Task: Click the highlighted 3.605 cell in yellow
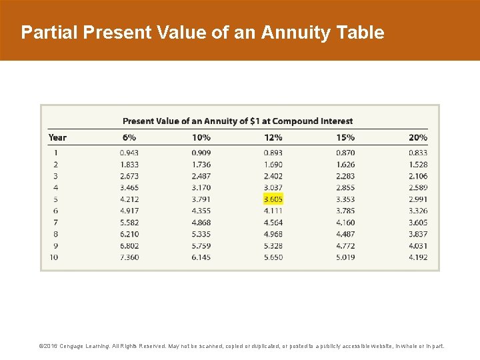pyautogui.click(x=273, y=199)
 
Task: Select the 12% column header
pyautogui.click(x=273, y=137)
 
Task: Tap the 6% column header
pyautogui.click(x=129, y=137)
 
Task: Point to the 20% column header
pyautogui.click(x=418, y=137)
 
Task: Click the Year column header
pyautogui.click(x=58, y=137)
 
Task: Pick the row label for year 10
pyautogui.click(x=53, y=257)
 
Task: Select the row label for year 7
pyautogui.click(x=55, y=222)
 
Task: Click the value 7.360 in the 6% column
pyautogui.click(x=129, y=257)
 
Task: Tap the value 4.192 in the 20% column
pyautogui.click(x=418, y=257)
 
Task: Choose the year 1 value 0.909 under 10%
pyautogui.click(x=201, y=153)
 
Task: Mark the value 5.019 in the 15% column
pyautogui.click(x=345, y=257)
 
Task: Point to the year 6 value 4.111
pyautogui.click(x=273, y=211)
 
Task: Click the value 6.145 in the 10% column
pyautogui.click(x=201, y=257)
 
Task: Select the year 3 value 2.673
pyautogui.click(x=129, y=176)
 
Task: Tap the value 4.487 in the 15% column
pyautogui.click(x=345, y=234)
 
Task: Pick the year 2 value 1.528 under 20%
pyautogui.click(x=418, y=164)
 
